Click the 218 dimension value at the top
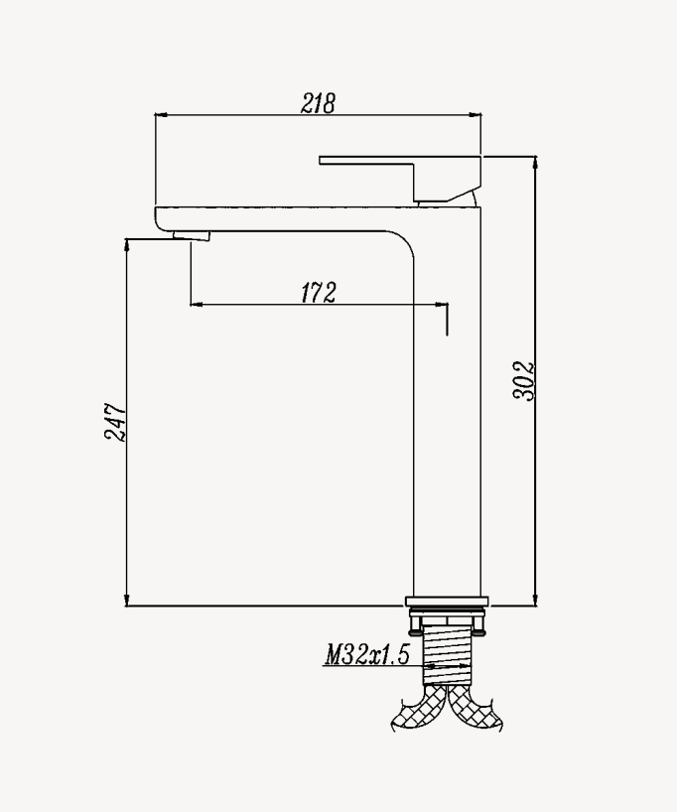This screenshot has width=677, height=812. coord(318,102)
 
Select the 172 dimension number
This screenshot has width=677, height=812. coord(318,292)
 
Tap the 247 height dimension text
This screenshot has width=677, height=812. coord(115,422)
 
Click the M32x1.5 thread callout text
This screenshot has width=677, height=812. coord(366,655)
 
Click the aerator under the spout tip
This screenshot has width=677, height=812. coord(192,235)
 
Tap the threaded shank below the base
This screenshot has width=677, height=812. coord(447,655)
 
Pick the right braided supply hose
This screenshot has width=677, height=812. coord(475,710)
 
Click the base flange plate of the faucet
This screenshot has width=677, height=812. coord(447,601)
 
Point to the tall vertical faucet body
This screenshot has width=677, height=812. coord(447,417)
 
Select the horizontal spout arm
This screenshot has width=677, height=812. coord(278,218)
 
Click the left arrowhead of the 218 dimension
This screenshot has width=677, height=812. coord(159,115)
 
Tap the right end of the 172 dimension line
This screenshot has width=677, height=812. coord(446,305)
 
